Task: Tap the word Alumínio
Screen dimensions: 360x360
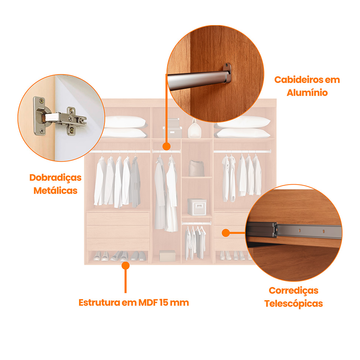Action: tap(307, 92)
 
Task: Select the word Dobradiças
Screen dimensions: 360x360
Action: tap(55, 178)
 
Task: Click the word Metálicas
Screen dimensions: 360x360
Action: tap(55, 191)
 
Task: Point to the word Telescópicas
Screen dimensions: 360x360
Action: tap(294, 304)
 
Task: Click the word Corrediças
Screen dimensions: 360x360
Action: tap(294, 290)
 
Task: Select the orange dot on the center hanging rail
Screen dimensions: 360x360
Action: tap(167, 147)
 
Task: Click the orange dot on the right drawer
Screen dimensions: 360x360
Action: tap(224, 233)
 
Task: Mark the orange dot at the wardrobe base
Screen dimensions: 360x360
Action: tap(126, 265)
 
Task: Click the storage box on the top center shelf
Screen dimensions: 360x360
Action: tap(172, 128)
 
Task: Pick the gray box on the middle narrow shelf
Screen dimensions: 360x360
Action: tap(197, 207)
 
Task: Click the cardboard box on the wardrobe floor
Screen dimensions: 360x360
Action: tap(167, 256)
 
